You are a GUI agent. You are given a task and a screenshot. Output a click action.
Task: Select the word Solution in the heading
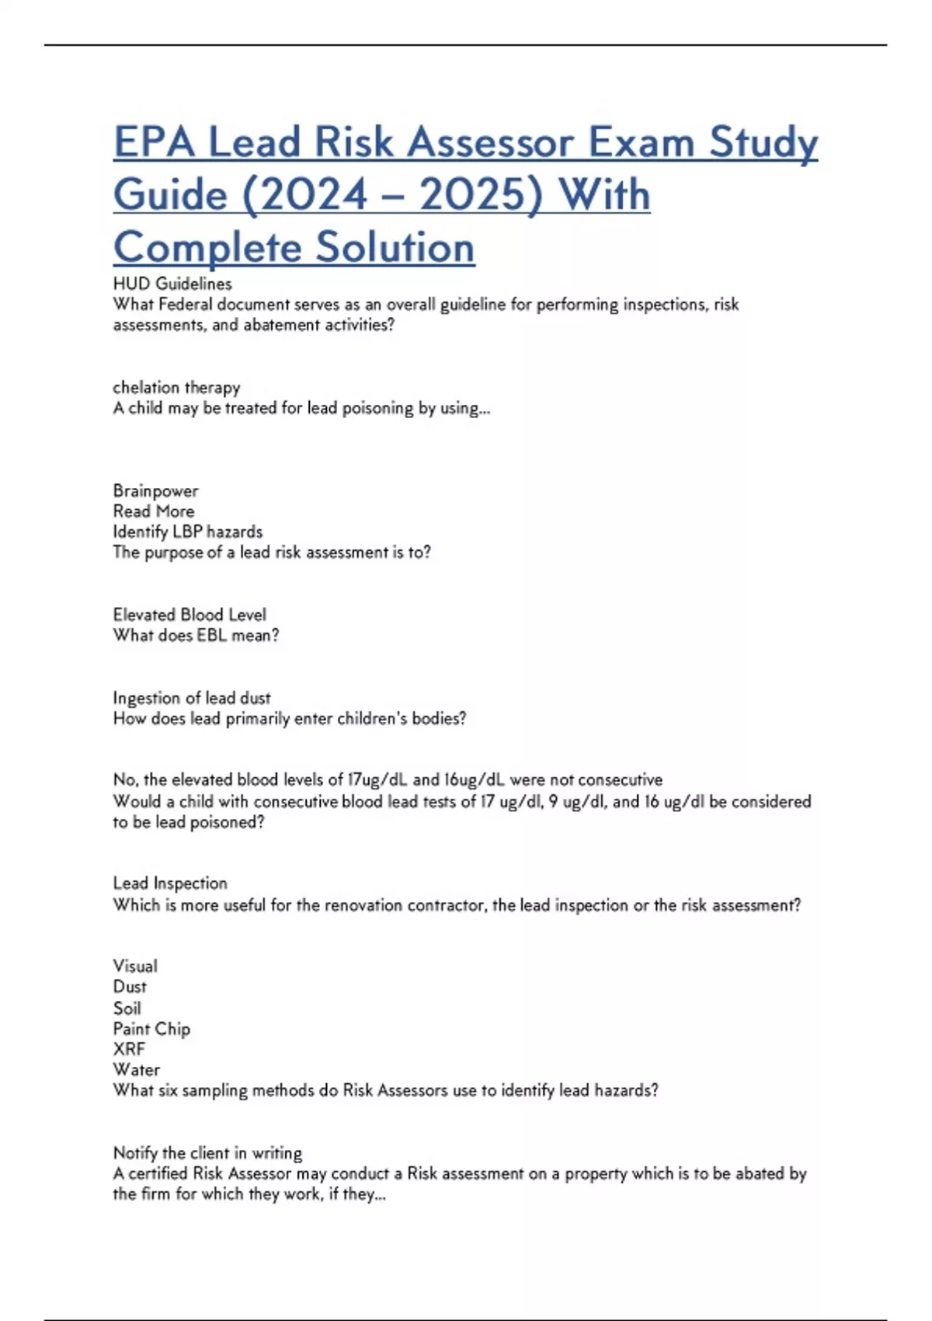pyautogui.click(x=395, y=248)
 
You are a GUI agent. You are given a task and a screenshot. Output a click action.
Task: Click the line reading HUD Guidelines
pyautogui.click(x=172, y=284)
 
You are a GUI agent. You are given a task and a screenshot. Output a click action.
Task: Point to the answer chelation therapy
pyautogui.click(x=176, y=387)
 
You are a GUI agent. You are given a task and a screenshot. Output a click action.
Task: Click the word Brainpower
pyautogui.click(x=155, y=490)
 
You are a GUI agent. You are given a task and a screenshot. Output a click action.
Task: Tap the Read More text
pyautogui.click(x=154, y=511)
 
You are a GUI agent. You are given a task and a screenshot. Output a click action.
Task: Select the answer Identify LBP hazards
pyautogui.click(x=188, y=532)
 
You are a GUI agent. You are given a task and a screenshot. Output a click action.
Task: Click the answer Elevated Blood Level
pyautogui.click(x=190, y=615)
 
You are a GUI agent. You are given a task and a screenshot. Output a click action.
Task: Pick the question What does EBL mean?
pyautogui.click(x=196, y=635)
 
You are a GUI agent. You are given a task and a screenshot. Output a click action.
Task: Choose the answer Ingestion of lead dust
pyautogui.click(x=192, y=698)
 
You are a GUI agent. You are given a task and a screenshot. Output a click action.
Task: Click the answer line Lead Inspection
pyautogui.click(x=170, y=884)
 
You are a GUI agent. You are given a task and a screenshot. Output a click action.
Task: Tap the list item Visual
pyautogui.click(x=135, y=966)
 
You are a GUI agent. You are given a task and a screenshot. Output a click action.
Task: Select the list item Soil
pyautogui.click(x=127, y=1008)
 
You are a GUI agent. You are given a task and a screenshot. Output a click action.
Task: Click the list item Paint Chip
pyautogui.click(x=151, y=1029)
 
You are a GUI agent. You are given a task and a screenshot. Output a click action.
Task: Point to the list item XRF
pyautogui.click(x=129, y=1049)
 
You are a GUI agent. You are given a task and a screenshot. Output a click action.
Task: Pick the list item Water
pyautogui.click(x=137, y=1070)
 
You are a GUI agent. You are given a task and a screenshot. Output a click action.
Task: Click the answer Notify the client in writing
pyautogui.click(x=207, y=1153)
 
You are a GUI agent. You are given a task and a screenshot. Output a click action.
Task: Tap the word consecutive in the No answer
pyautogui.click(x=620, y=779)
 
